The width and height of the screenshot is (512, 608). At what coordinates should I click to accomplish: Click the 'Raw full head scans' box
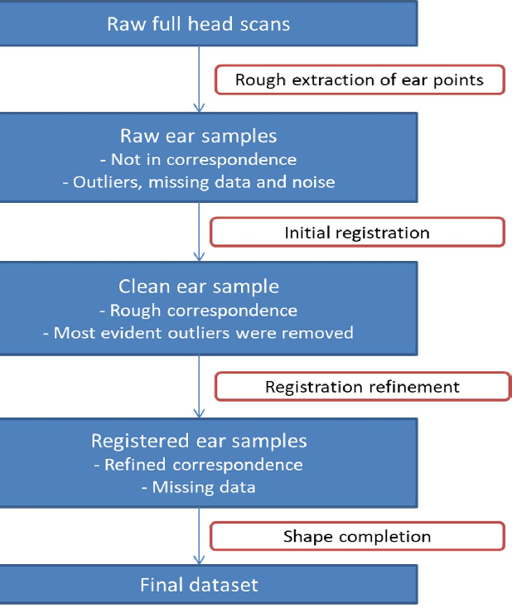pyautogui.click(x=199, y=22)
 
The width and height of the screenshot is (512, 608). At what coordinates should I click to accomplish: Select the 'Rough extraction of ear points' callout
pyautogui.click(x=359, y=80)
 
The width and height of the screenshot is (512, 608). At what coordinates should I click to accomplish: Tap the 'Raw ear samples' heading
pyautogui.click(x=199, y=136)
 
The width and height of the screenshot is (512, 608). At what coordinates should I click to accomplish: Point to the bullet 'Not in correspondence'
pyautogui.click(x=199, y=159)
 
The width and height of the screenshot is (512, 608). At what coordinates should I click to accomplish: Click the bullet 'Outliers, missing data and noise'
pyautogui.click(x=199, y=181)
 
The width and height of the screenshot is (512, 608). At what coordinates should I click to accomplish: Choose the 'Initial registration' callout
pyautogui.click(x=357, y=232)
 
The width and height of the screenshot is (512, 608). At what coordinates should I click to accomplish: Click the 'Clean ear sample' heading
pyautogui.click(x=199, y=287)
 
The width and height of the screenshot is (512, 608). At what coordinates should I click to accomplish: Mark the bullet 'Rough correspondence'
pyautogui.click(x=199, y=311)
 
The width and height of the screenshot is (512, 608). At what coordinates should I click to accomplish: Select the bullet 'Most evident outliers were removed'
pyautogui.click(x=199, y=333)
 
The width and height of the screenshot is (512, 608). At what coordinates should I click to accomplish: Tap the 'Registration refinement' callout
pyautogui.click(x=362, y=387)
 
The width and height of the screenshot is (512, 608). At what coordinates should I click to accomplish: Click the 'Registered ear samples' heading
pyautogui.click(x=199, y=441)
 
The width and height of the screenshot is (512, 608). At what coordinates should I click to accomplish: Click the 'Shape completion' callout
pyautogui.click(x=357, y=536)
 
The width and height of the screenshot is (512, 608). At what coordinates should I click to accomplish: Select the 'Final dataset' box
pyautogui.click(x=199, y=585)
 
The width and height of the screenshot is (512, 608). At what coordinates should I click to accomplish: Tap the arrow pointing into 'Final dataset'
pyautogui.click(x=199, y=542)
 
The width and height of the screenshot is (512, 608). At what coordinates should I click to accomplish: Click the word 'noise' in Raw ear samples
pyautogui.click(x=315, y=181)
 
